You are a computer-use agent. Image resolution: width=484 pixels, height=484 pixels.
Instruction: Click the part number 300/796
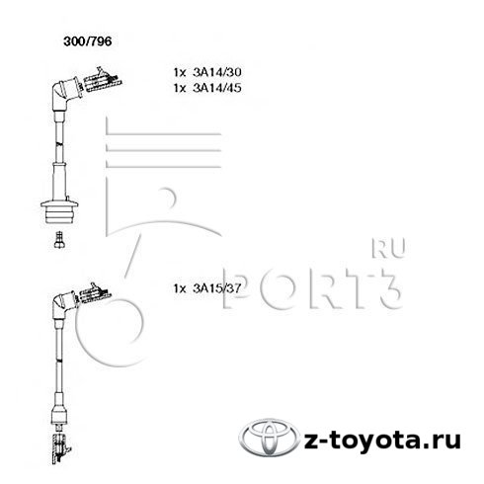click(x=88, y=41)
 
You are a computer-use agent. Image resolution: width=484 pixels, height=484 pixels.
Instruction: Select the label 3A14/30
click(x=217, y=72)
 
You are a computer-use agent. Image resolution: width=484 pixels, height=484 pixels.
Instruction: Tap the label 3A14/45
click(x=217, y=88)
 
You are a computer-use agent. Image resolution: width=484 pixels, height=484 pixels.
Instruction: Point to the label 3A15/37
click(x=217, y=288)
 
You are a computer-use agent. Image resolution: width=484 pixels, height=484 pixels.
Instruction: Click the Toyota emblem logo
click(x=270, y=438)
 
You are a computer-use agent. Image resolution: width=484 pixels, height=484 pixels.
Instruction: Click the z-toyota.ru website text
click(x=382, y=441)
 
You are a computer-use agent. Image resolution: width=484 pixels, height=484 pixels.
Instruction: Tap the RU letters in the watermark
click(x=388, y=248)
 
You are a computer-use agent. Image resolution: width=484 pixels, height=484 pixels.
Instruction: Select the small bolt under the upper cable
click(x=59, y=240)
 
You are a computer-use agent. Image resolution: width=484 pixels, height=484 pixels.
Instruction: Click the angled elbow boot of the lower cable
click(x=63, y=305)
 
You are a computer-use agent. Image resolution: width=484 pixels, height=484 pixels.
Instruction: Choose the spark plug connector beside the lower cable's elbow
click(x=95, y=292)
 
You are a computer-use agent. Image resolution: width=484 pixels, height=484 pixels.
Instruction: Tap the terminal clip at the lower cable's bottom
click(x=59, y=448)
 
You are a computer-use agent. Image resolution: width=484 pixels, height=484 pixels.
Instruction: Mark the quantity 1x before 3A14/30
click(x=180, y=72)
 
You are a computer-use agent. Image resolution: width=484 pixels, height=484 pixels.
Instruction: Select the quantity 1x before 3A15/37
click(x=180, y=288)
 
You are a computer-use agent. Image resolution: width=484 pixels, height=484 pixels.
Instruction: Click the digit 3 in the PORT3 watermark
click(x=388, y=288)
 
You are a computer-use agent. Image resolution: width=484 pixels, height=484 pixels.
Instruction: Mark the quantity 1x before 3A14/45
click(x=180, y=88)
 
